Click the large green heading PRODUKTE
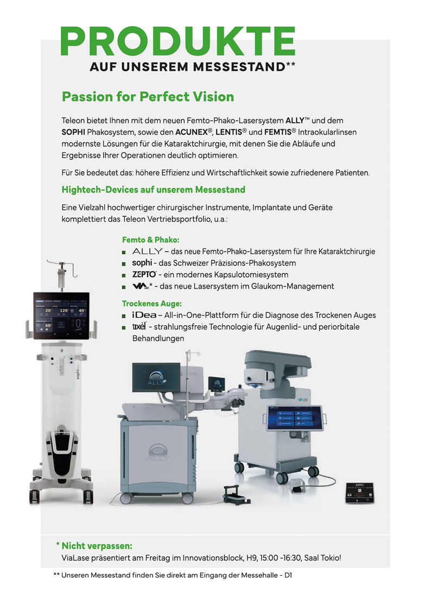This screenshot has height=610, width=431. (178, 41)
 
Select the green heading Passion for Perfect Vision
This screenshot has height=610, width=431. (148, 97)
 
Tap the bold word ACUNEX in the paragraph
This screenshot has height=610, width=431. (191, 133)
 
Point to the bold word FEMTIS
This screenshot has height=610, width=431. (277, 133)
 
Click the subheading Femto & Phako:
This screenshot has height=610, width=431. (150, 240)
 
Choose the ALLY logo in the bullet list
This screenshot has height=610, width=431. (147, 251)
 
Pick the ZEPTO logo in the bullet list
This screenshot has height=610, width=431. (144, 275)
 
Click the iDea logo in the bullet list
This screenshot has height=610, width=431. (144, 315)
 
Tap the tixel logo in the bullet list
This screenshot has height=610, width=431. (139, 326)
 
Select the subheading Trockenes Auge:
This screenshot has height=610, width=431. (151, 304)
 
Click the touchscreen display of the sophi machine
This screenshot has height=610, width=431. (61, 315)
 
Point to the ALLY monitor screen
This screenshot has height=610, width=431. (156, 377)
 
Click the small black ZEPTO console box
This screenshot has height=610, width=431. (359, 493)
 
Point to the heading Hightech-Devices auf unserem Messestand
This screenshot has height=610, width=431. (154, 190)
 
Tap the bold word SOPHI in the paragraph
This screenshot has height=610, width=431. (73, 133)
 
